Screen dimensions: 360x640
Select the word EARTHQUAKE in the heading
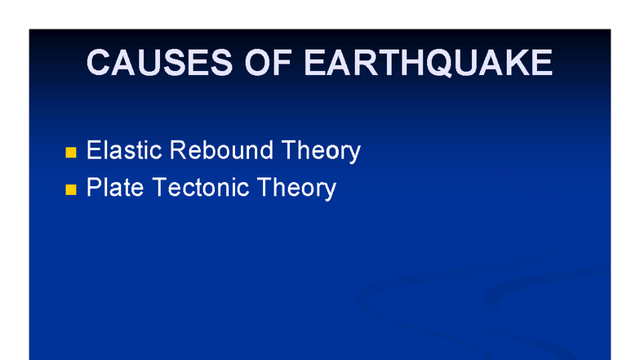click(x=429, y=63)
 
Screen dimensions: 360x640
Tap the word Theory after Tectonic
click(x=296, y=189)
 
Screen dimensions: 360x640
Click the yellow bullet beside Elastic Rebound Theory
click(x=70, y=153)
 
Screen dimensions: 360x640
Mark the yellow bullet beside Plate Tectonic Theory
click(x=70, y=189)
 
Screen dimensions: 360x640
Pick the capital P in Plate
click(x=94, y=188)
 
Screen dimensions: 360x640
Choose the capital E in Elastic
click(x=94, y=151)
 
